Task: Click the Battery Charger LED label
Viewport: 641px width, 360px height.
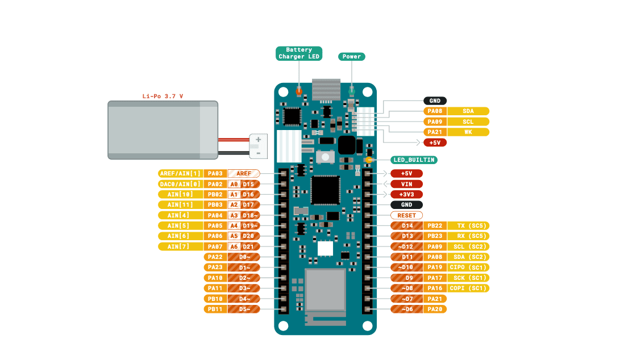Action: [x=299, y=53]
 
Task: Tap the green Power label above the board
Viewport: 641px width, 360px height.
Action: [x=352, y=56]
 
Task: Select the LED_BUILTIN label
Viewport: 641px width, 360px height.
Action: [x=414, y=160]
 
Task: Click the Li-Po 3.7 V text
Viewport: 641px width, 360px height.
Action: [x=163, y=96]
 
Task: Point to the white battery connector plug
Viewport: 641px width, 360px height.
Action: [x=257, y=146]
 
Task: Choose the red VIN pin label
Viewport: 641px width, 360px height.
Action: [x=406, y=184]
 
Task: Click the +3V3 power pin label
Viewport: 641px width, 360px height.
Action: [x=406, y=194]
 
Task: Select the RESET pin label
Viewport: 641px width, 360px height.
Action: [x=406, y=215]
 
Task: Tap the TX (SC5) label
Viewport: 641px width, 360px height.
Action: [x=469, y=225]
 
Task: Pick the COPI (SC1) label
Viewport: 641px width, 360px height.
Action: [x=469, y=288]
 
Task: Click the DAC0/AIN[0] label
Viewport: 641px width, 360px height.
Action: [x=180, y=184]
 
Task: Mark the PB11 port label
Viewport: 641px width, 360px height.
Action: [x=215, y=309]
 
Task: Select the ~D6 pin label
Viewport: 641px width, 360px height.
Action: [x=406, y=309]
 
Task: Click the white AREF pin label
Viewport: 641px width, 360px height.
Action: [x=244, y=173]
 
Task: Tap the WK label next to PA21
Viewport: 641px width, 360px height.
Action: [x=468, y=132]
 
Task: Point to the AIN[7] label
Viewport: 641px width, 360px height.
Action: [x=180, y=246]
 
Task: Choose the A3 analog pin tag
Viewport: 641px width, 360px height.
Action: [x=234, y=215]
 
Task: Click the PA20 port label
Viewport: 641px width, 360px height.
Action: [x=435, y=309]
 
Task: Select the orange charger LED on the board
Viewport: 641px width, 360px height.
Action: [x=299, y=91]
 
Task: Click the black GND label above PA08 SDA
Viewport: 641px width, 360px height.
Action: [x=435, y=101]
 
